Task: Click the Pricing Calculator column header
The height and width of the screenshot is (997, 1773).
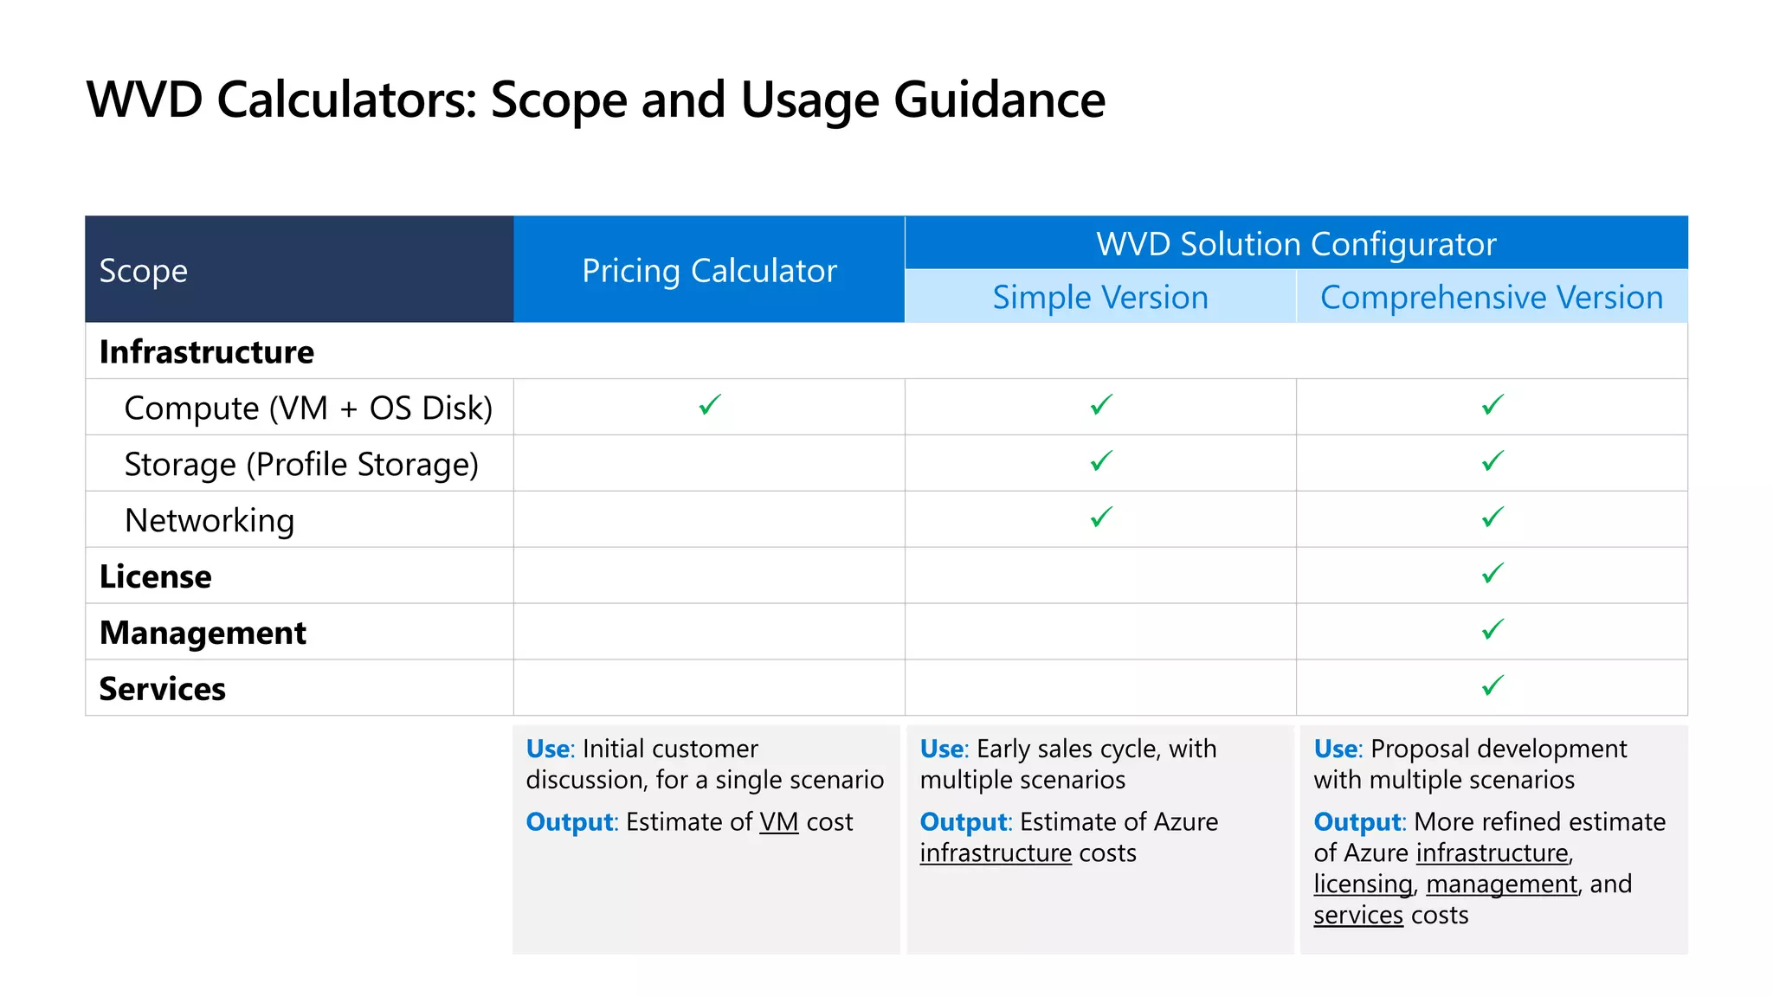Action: click(709, 271)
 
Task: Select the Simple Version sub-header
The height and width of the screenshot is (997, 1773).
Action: click(1100, 298)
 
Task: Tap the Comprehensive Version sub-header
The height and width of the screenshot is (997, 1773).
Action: click(1492, 298)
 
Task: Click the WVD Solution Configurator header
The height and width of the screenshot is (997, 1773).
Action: click(1296, 244)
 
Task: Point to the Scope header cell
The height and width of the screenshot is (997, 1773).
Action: click(144, 271)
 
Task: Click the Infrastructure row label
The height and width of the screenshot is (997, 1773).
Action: click(207, 352)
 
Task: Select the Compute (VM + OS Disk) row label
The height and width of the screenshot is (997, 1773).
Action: click(308, 408)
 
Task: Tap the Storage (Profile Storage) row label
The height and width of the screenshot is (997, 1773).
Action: click(301, 465)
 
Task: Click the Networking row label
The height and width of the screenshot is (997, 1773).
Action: click(210, 521)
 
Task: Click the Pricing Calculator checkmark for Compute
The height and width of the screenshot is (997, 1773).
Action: click(710, 405)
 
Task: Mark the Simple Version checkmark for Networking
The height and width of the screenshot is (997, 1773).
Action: click(1101, 518)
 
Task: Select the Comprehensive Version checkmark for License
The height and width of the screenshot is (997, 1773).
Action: click(1493, 574)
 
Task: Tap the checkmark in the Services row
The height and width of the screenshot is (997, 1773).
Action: click(1493, 686)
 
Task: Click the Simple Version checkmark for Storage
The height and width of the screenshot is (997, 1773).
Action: click(1101, 461)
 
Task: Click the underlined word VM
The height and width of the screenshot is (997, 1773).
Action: click(779, 822)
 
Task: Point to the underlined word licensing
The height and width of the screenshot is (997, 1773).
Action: click(1363, 884)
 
